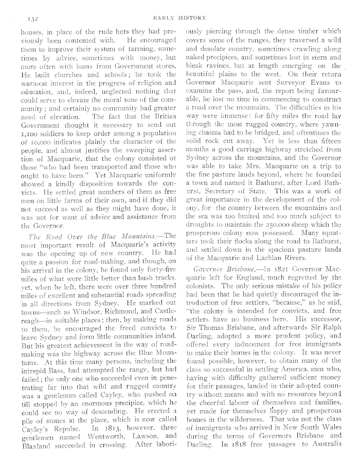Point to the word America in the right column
[297, 357]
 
